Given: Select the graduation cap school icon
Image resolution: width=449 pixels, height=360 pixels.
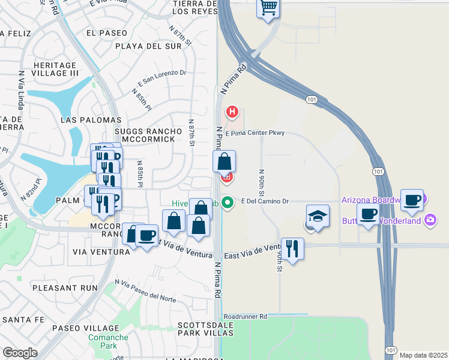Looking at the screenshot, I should click(318, 216).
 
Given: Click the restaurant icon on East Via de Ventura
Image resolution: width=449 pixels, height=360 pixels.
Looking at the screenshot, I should click(292, 248).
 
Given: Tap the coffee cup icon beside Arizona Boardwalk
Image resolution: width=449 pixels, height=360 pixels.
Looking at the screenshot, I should click(412, 200).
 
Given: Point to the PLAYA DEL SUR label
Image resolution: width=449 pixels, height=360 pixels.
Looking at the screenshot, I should click(140, 46).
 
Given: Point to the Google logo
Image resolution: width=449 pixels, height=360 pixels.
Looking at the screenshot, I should click(20, 353).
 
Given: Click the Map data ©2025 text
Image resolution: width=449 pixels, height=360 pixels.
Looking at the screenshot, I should click(423, 355).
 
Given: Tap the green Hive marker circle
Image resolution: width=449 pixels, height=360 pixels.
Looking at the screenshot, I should click(227, 202).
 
